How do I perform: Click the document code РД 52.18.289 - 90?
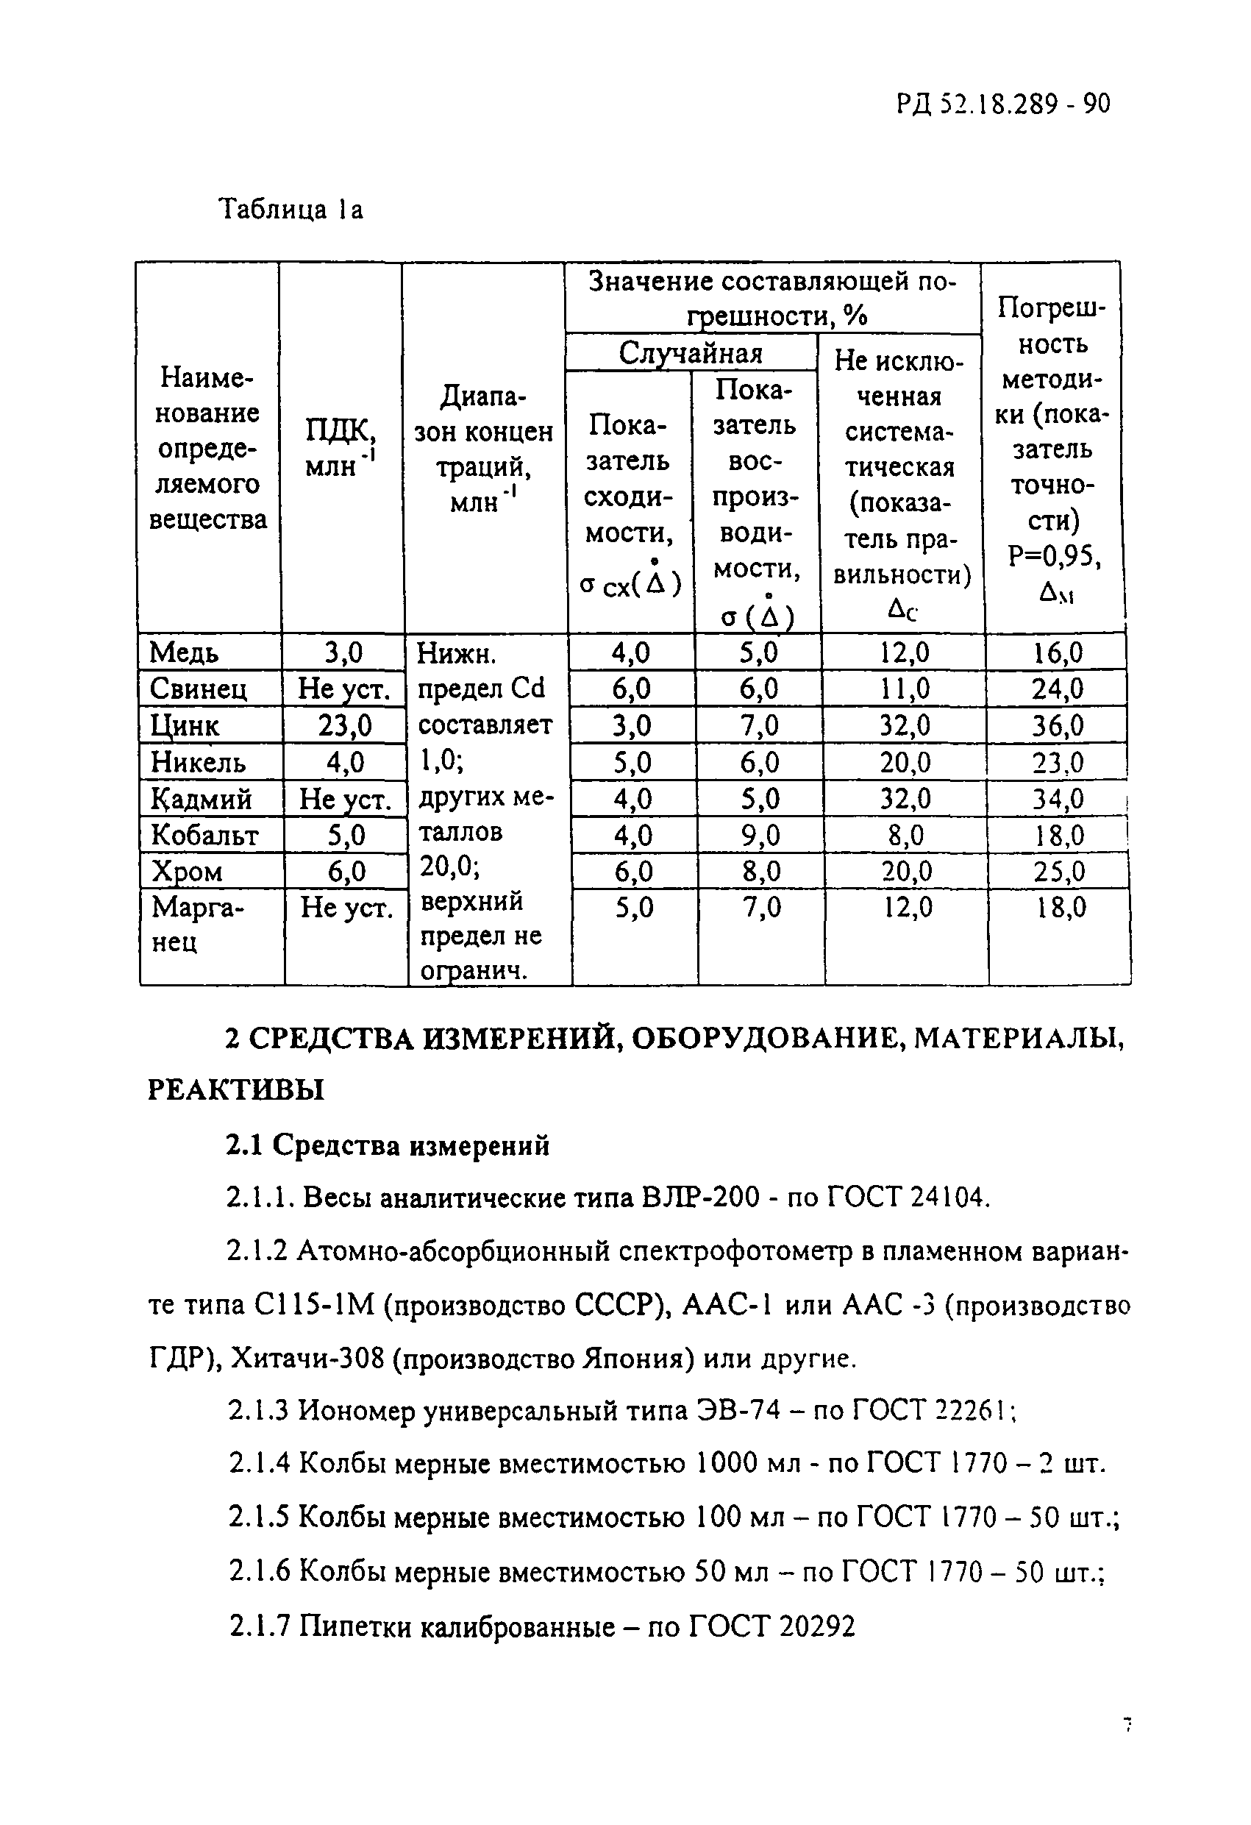click(1003, 104)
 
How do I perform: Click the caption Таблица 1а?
click(290, 209)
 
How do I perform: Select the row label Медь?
click(184, 652)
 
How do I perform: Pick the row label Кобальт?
click(204, 835)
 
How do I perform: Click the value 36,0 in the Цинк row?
click(1058, 725)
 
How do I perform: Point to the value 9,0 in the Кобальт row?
click(760, 836)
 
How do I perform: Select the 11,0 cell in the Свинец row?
click(905, 689)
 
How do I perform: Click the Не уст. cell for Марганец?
click(346, 908)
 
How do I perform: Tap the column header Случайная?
click(691, 352)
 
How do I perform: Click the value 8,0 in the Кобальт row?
click(905, 836)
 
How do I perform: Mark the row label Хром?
click(187, 872)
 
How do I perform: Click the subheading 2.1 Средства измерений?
click(388, 1146)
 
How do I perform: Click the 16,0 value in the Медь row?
click(1058, 652)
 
